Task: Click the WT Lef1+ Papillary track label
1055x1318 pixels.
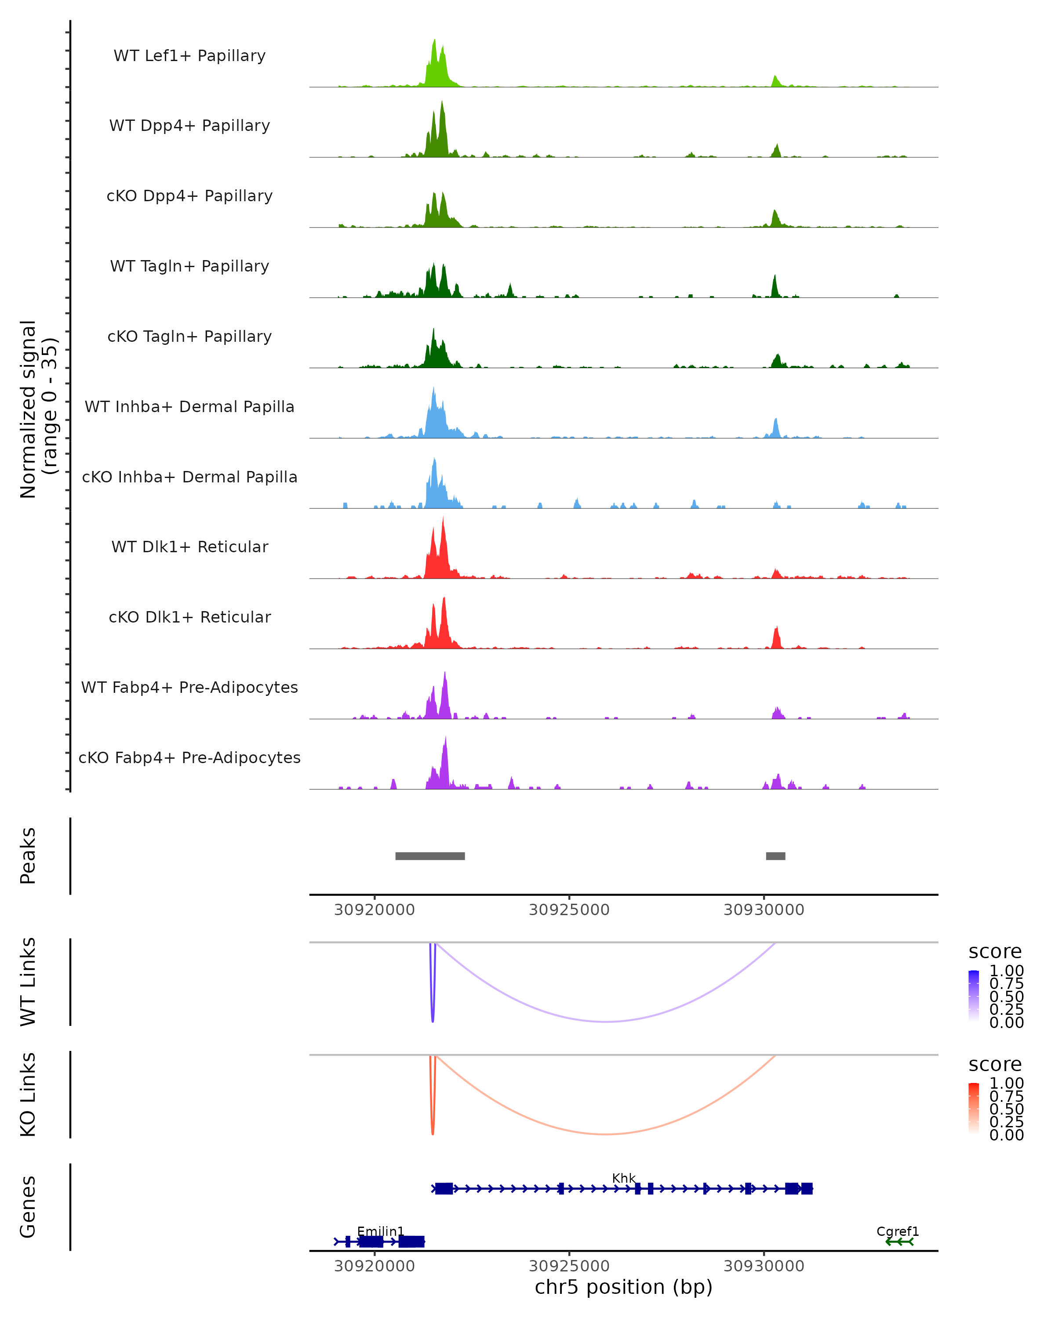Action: coord(189,56)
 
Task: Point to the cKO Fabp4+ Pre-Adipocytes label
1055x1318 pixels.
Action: coord(189,757)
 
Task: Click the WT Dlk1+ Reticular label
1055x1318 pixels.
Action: coord(189,547)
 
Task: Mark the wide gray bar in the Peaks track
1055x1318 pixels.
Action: coord(430,856)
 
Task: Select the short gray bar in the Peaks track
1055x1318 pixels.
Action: coord(775,856)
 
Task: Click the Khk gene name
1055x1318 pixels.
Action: coord(624,1178)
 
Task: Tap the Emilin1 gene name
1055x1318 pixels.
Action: coord(380,1231)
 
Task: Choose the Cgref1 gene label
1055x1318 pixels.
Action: coord(897,1231)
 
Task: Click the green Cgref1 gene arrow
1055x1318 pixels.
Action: coord(899,1242)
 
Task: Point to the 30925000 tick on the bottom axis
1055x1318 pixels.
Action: coord(569,1266)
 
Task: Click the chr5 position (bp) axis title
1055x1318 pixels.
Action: coord(623,1287)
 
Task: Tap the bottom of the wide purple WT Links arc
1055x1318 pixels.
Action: coord(605,1021)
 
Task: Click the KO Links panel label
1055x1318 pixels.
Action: coord(28,1094)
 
